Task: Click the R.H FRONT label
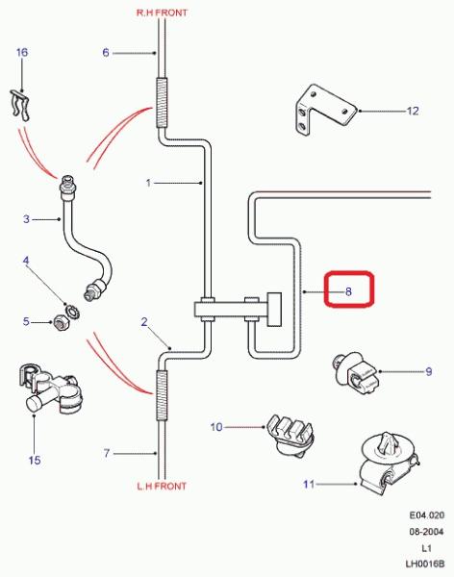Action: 162,13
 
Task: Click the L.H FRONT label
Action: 162,486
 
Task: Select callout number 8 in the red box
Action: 348,291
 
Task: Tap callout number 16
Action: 22,52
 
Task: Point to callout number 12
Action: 413,111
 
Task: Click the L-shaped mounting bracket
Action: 325,110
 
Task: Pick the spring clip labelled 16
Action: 20,105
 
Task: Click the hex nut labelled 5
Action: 60,323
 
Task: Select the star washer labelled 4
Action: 73,312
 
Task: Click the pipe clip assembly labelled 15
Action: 50,389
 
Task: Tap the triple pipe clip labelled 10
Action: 290,436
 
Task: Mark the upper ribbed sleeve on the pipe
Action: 162,103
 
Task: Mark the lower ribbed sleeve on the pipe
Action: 162,395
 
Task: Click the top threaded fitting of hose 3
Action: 68,187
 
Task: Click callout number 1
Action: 148,183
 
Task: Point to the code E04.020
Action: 427,515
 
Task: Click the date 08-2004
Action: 427,532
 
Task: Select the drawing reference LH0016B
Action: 425,564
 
